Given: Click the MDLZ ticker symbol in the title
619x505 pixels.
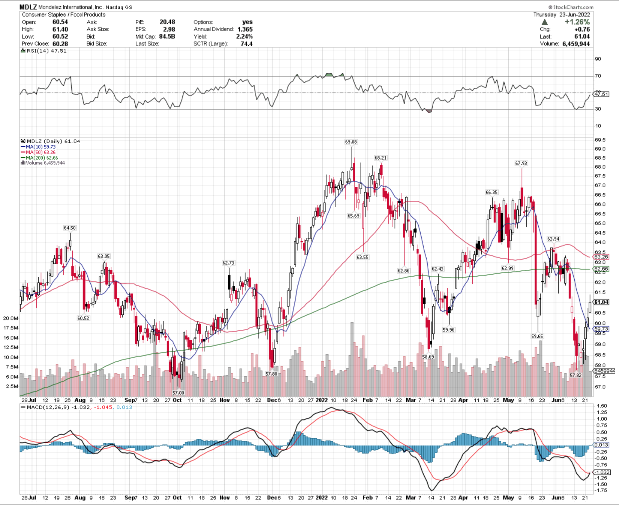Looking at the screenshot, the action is [x=28, y=7].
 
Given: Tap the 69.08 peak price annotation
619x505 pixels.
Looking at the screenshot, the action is [x=351, y=142].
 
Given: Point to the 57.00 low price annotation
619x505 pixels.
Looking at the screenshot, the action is [x=178, y=393].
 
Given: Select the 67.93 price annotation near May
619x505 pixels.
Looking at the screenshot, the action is [x=521, y=163].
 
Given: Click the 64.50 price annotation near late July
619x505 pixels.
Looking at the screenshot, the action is [x=70, y=228].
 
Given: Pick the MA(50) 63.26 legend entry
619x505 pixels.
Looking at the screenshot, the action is [x=41, y=152].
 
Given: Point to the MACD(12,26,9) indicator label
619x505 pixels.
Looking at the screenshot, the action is [x=48, y=407].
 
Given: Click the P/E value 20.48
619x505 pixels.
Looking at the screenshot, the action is [x=167, y=22].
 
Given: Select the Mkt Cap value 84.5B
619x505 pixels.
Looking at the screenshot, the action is [x=167, y=36].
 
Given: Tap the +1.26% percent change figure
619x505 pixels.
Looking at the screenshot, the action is [x=577, y=22].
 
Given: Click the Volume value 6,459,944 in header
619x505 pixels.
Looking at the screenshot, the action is [x=576, y=44].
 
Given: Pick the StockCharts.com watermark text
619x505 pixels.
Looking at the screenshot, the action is [x=571, y=7].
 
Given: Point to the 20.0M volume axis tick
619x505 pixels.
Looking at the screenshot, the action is [x=11, y=318].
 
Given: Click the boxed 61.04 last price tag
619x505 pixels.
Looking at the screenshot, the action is [x=601, y=302].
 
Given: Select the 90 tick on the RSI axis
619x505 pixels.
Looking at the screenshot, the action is [x=598, y=59].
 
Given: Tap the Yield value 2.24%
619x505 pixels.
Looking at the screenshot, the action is [x=244, y=36].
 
